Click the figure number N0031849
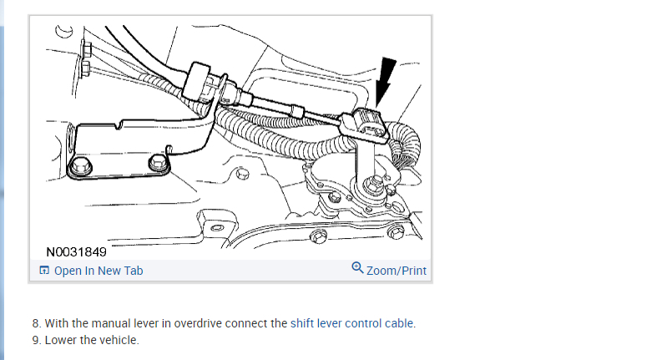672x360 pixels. [x=76, y=251]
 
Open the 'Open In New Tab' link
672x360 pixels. [x=98, y=271]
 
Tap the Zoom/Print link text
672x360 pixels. [x=397, y=271]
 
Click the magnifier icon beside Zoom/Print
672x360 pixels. [x=357, y=269]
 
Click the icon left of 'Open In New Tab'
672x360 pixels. [x=44, y=271]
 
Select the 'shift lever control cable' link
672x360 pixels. [x=352, y=323]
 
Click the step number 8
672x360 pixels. [x=36, y=323]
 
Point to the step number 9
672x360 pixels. [x=36, y=340]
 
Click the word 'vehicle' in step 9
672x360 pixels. [x=119, y=340]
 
